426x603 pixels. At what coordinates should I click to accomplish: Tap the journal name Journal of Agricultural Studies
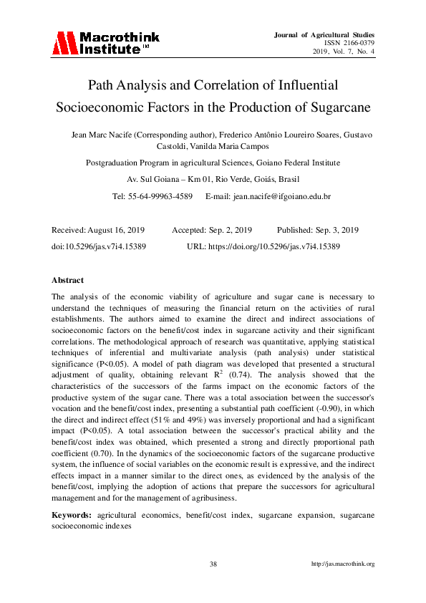click(x=324, y=34)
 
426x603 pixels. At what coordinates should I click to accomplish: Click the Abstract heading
click(x=68, y=280)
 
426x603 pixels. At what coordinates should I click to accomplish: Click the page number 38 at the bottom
click(x=213, y=564)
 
